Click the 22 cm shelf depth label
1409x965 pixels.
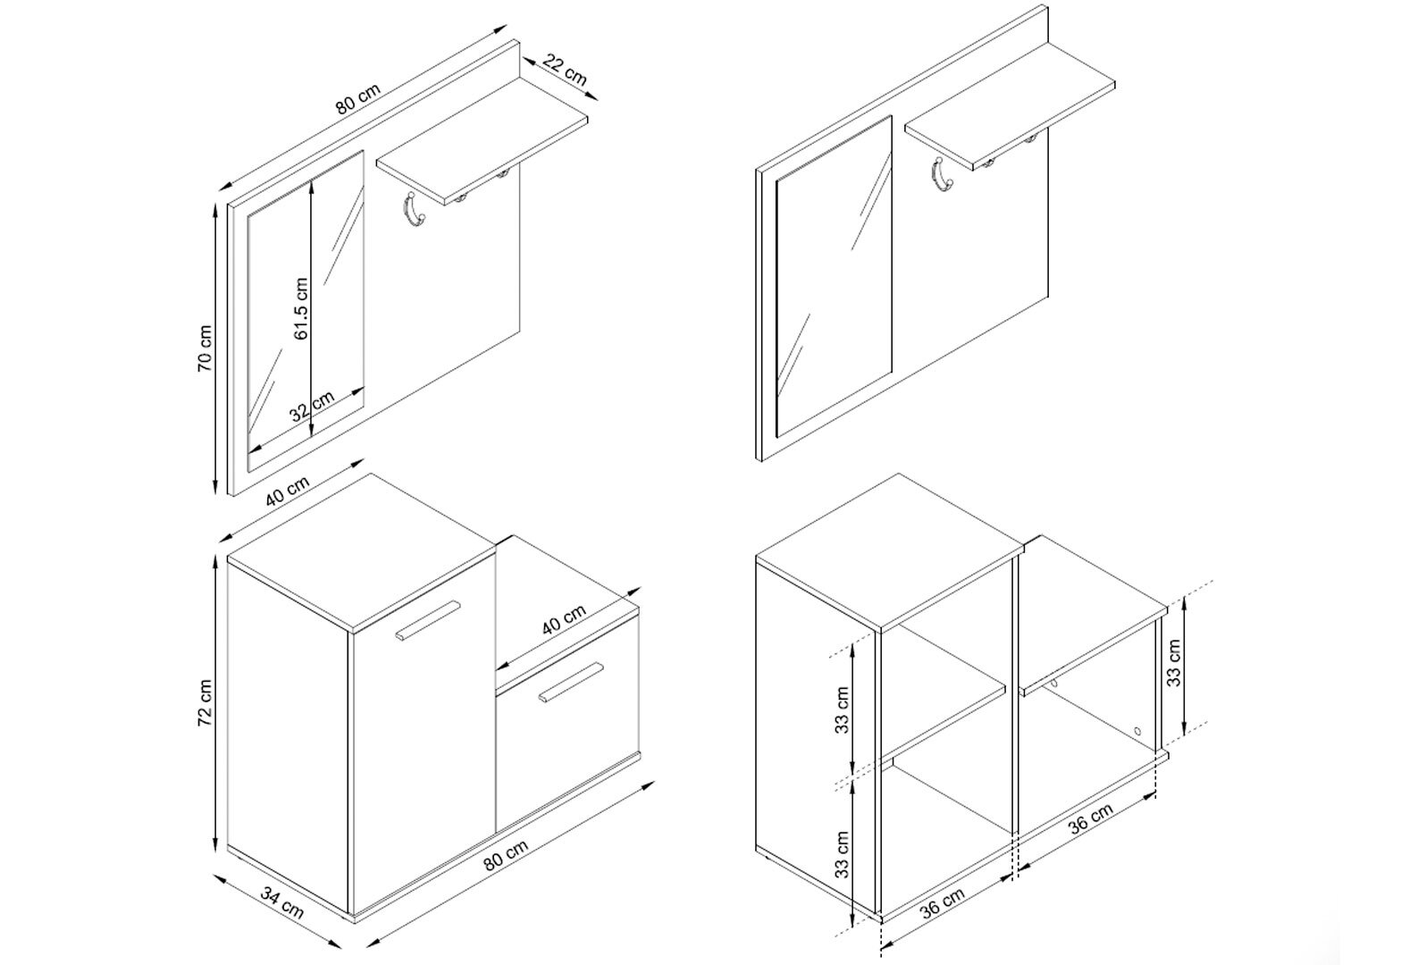(x=565, y=70)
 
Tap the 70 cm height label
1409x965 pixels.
(x=205, y=348)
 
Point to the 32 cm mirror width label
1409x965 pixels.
(x=312, y=407)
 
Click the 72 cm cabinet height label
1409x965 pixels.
(x=205, y=702)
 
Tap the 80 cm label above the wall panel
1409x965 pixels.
(x=358, y=99)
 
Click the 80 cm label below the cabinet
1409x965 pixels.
(x=506, y=855)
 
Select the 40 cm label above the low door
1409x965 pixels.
(x=564, y=619)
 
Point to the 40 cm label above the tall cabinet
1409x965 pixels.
(x=287, y=491)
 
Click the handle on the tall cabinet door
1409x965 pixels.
(x=428, y=621)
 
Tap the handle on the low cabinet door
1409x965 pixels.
(x=571, y=681)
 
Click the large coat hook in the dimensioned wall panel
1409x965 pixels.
(x=414, y=208)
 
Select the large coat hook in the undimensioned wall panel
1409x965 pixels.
(x=942, y=173)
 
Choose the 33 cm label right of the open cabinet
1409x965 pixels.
(x=1174, y=663)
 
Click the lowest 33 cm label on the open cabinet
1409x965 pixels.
(x=843, y=855)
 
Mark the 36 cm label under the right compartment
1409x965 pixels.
(x=1091, y=818)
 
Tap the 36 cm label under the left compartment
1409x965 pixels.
(x=942, y=904)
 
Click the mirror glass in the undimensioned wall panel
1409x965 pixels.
(x=834, y=275)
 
